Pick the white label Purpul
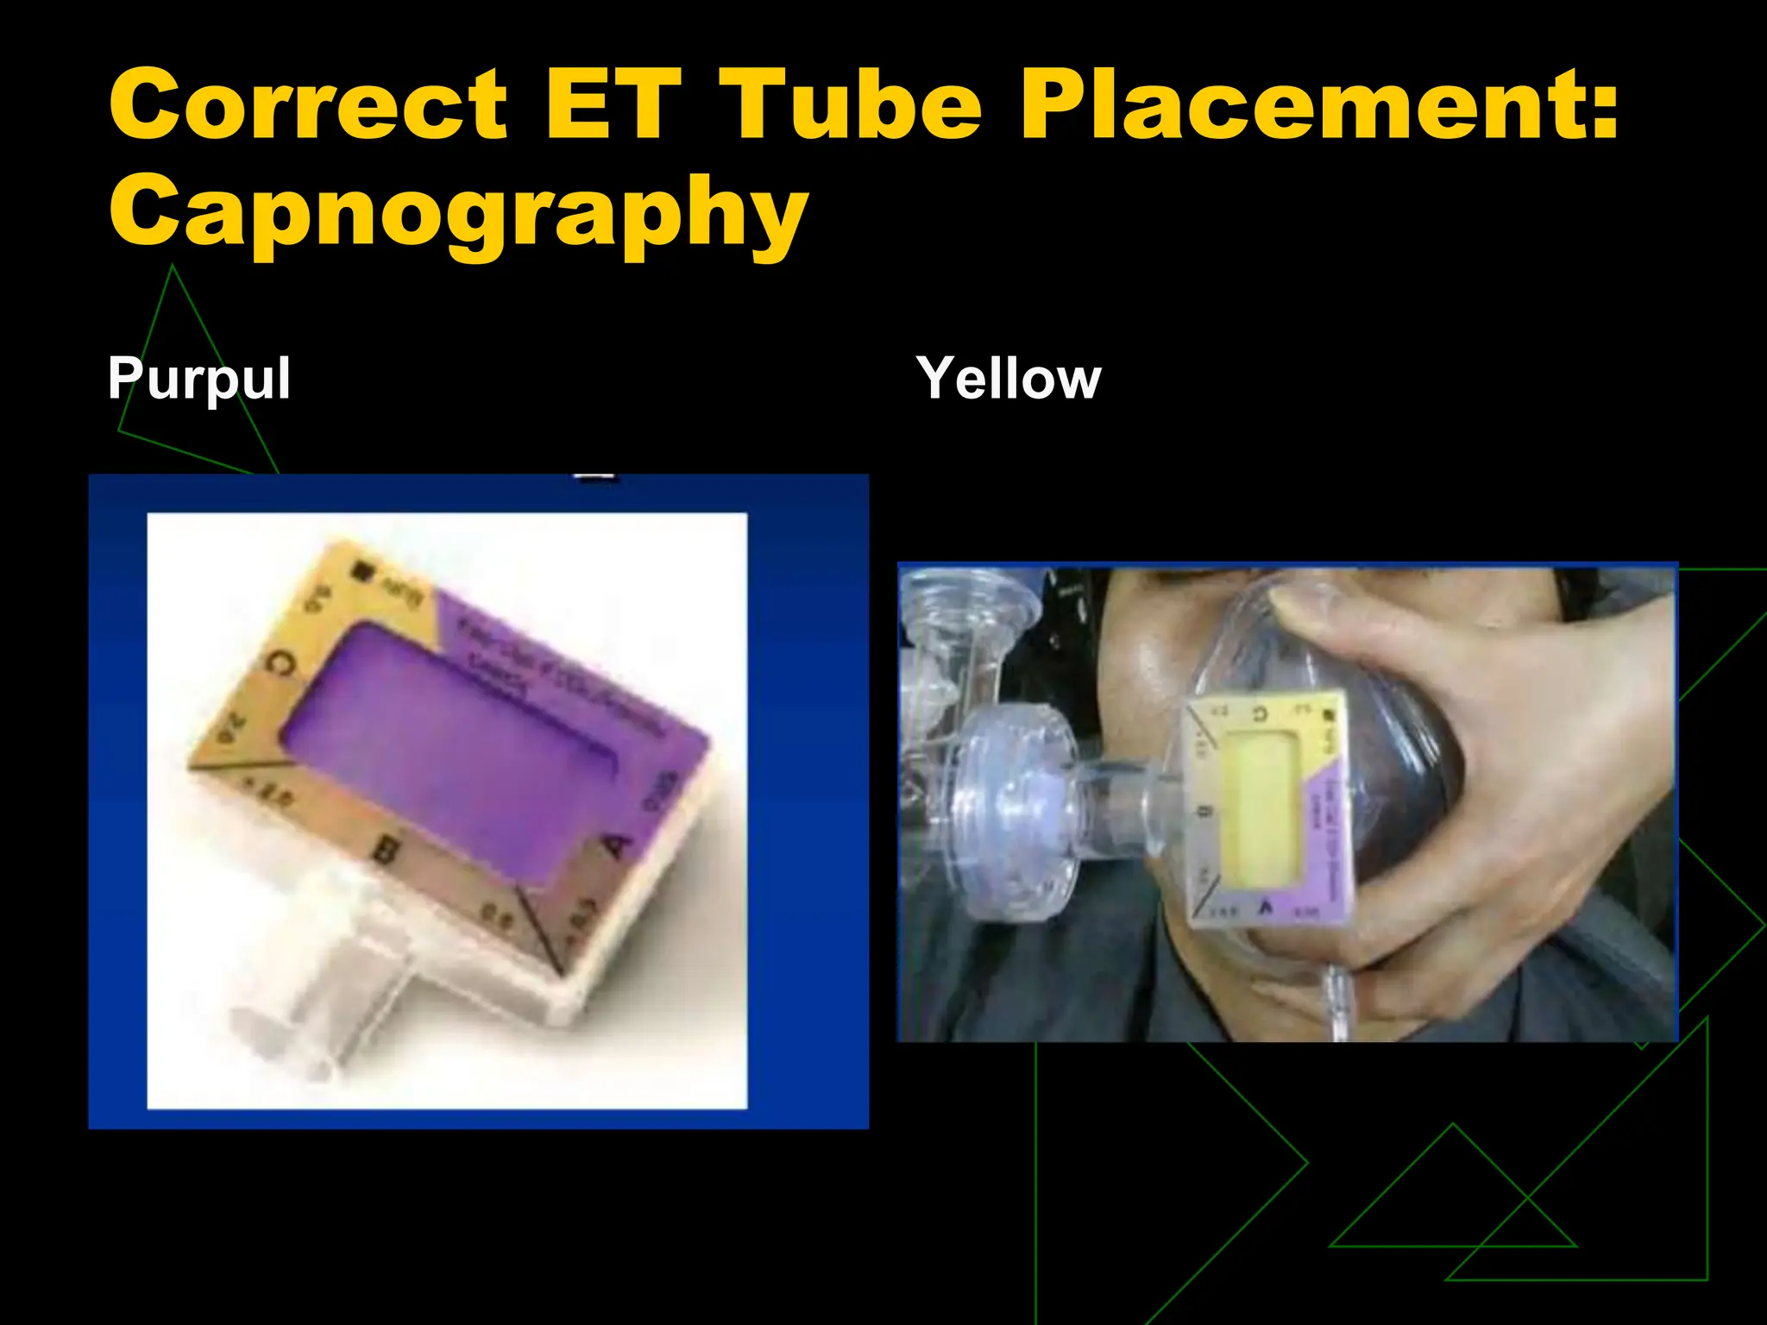click(199, 379)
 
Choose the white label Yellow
click(1009, 379)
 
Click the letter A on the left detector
click(618, 845)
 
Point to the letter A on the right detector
click(1266, 906)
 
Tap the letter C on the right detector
click(1261, 713)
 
